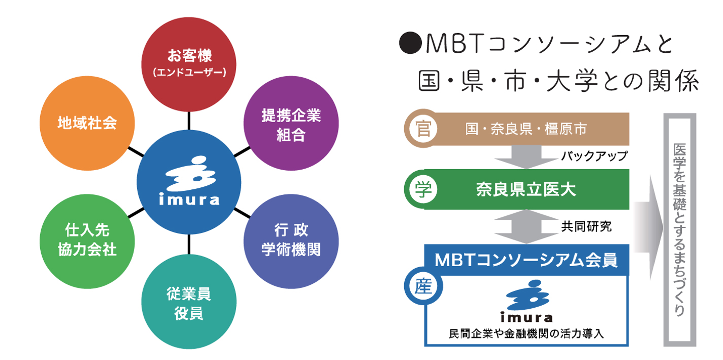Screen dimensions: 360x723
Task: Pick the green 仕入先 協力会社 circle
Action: tap(87, 239)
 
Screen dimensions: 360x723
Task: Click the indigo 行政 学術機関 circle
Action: tap(291, 239)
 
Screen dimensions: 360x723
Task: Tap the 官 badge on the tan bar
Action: tap(420, 129)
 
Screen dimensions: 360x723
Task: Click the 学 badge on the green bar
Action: tap(420, 190)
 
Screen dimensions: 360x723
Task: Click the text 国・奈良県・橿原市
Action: tap(526, 129)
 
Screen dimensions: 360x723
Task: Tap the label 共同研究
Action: tap(586, 226)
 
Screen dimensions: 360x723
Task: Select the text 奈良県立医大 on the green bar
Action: tap(526, 190)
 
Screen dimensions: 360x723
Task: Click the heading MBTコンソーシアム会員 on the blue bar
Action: tap(526, 260)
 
